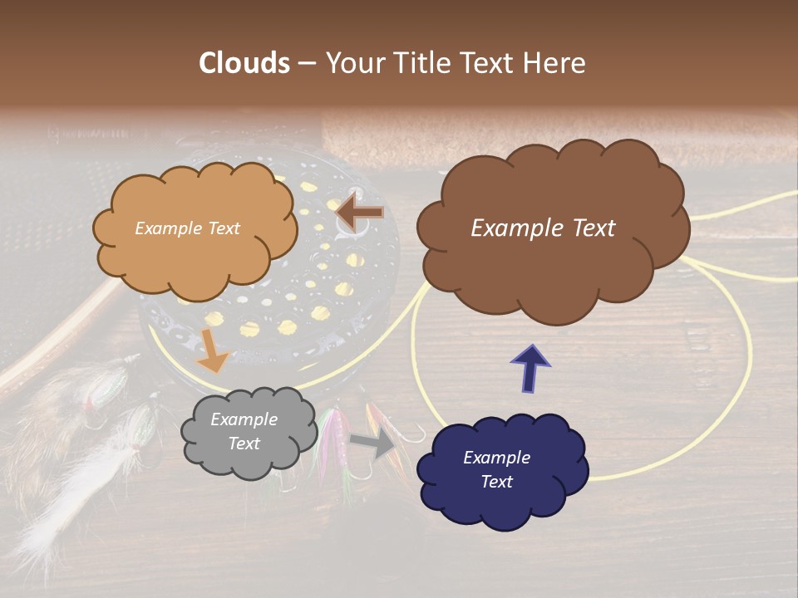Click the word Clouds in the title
(245, 63)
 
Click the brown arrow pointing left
(359, 213)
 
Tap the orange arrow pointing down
(214, 350)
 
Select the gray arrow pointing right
(373, 444)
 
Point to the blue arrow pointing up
(530, 368)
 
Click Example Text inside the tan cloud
(187, 228)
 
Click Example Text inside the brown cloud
(543, 228)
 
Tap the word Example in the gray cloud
(244, 420)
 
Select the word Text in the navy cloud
(496, 482)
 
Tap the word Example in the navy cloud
(496, 458)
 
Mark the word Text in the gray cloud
(244, 444)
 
